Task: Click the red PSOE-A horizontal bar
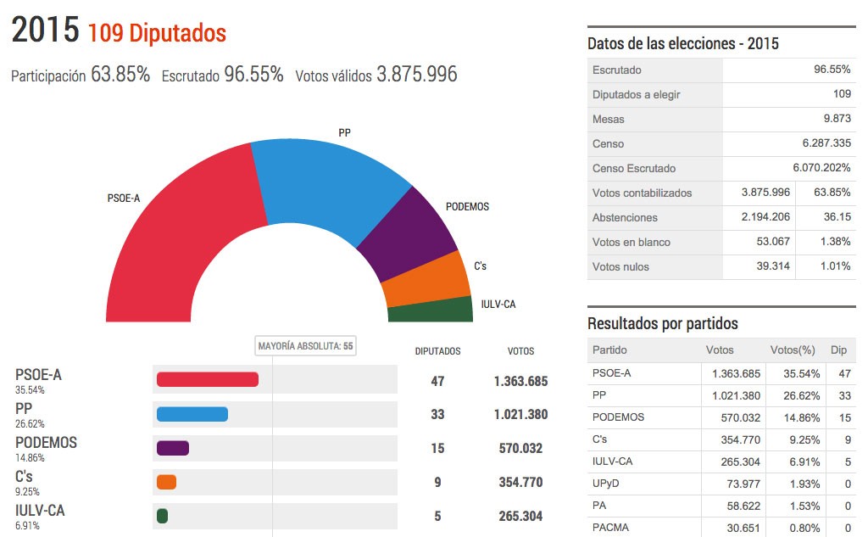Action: coord(208,379)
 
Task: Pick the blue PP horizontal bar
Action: coord(192,414)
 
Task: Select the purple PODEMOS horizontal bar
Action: coord(173,448)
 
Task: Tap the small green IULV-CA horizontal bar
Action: coord(163,516)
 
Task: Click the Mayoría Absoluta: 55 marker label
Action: coord(306,346)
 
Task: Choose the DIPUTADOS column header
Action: coord(437,350)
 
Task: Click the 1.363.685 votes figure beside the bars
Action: coord(520,381)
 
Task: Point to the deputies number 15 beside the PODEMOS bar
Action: coord(437,448)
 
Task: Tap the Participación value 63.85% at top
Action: coord(120,75)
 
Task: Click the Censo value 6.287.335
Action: coord(819,143)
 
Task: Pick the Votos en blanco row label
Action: coord(632,242)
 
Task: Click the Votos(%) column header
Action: coord(792,350)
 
